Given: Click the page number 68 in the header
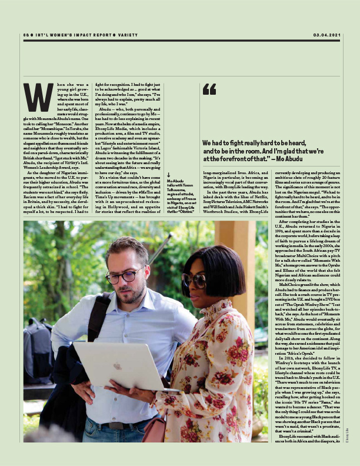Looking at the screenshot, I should point(26,35).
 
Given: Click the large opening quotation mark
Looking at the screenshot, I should point(209,89).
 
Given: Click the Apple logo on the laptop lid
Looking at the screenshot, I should point(118,365).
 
